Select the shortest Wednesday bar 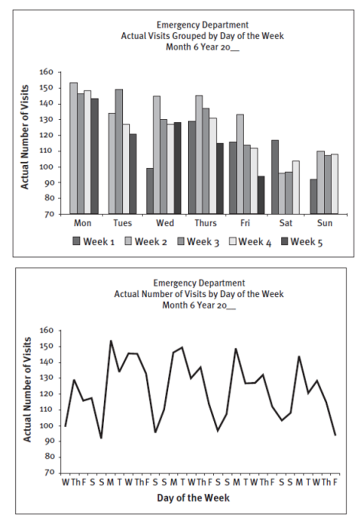click(150, 191)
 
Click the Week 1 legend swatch click(76, 241)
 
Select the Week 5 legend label click(307, 241)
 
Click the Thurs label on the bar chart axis click(206, 223)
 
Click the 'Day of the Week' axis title click(193, 498)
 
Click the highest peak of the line click(111, 340)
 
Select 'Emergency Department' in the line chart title click(199, 283)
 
